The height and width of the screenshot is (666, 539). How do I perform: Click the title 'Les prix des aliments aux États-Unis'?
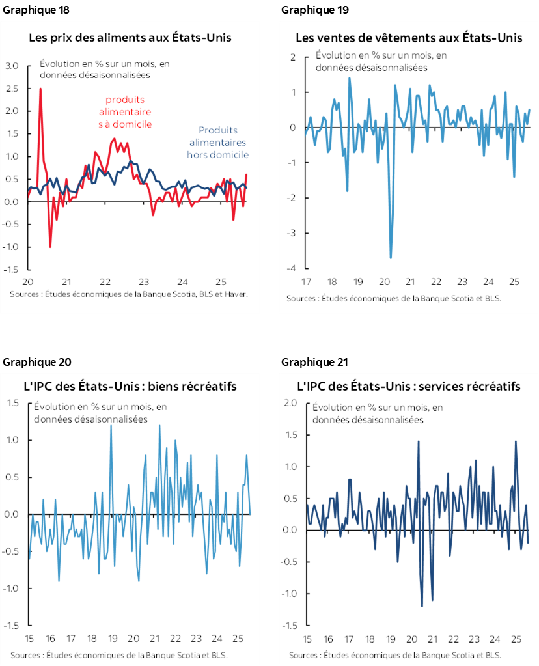point(130,37)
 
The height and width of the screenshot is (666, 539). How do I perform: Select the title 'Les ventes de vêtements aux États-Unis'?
point(409,37)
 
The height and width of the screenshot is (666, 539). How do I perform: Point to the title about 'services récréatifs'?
point(408,387)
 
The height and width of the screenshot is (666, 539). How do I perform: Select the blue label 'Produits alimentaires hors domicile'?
point(218,142)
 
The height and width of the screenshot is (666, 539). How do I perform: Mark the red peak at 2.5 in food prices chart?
point(40,89)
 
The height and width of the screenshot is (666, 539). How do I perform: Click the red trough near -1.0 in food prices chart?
point(50,247)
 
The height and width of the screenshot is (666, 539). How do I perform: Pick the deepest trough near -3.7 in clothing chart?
point(391,258)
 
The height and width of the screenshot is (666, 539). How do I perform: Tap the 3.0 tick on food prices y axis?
point(12,66)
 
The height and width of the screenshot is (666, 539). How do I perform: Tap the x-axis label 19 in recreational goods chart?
point(113,639)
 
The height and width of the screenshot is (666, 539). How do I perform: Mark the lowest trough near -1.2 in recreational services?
point(422,606)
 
